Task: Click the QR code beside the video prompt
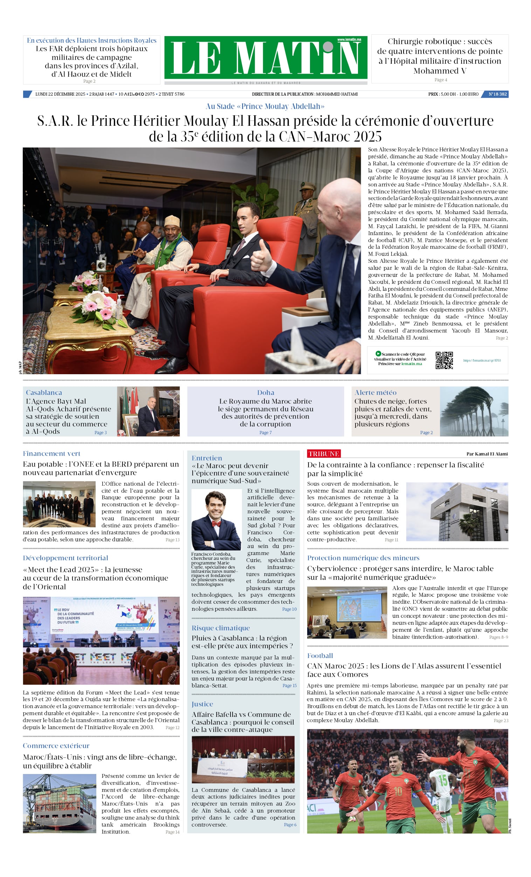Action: coord(444,360)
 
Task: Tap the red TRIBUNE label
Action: coord(324,453)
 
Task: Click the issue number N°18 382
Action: coord(497,94)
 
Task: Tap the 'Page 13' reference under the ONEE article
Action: coord(172,540)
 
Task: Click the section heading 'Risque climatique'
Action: coord(221,628)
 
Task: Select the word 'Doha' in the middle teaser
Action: coord(265,392)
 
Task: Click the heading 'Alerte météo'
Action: coord(375,392)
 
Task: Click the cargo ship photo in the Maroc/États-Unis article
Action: coord(60,803)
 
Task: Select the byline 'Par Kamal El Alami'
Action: coord(487,454)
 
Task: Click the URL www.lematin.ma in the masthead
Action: coord(349,40)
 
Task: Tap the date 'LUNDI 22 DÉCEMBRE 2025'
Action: coord(60,94)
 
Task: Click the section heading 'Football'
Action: coord(320,656)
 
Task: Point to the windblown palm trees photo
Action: coord(474,411)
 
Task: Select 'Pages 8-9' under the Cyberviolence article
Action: coord(498,637)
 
